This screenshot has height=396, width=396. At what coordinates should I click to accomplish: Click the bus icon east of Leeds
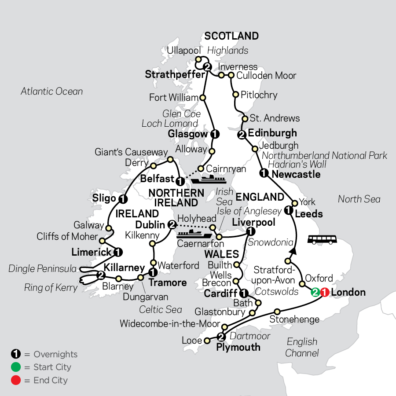point(322,239)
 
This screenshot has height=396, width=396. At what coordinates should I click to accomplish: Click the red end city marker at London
point(325,292)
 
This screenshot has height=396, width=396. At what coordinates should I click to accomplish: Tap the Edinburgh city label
point(272,133)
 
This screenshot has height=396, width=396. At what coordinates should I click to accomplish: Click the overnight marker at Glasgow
point(214,134)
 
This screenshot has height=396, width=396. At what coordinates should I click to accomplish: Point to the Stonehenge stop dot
point(277,311)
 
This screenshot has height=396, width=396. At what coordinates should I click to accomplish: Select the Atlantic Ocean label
point(51,92)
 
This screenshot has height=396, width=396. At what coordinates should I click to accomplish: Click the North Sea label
point(359,199)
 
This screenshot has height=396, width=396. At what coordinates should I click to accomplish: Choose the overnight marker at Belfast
point(180,181)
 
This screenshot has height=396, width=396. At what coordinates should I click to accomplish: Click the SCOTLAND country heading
point(231,36)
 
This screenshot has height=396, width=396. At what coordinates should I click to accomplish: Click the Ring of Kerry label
point(50,289)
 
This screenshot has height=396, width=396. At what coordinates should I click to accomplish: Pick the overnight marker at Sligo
point(124,199)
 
